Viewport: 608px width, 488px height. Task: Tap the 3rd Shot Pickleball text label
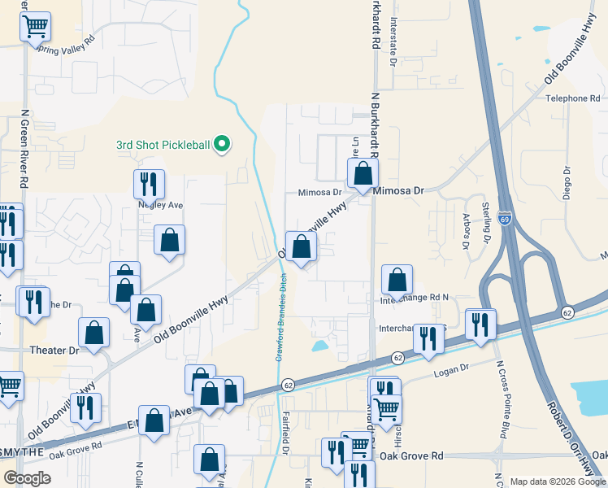[163, 146]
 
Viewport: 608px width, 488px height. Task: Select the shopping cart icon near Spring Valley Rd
[35, 27]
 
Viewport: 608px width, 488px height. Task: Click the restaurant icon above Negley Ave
[149, 184]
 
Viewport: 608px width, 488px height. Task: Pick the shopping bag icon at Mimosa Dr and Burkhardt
[363, 172]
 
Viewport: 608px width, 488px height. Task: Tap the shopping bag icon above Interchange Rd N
[397, 281]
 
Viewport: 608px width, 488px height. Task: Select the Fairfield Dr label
[286, 432]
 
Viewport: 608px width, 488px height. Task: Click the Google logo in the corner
[27, 478]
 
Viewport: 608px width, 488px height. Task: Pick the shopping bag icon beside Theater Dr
[94, 332]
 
